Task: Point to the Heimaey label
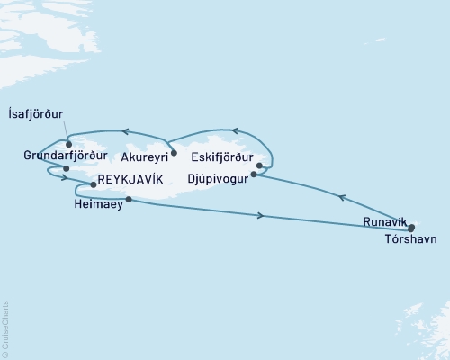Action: pos(92,205)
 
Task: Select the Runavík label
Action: pos(385,221)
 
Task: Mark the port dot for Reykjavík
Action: pos(93,184)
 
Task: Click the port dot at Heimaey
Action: pos(130,200)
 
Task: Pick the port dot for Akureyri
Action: pos(174,153)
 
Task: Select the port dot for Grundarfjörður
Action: pos(66,168)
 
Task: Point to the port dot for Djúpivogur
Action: pos(254,175)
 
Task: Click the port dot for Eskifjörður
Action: pos(259,166)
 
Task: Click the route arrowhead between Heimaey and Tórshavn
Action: pos(261,216)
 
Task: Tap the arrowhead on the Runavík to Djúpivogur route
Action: pos(340,195)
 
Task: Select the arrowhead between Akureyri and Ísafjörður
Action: pos(126,132)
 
